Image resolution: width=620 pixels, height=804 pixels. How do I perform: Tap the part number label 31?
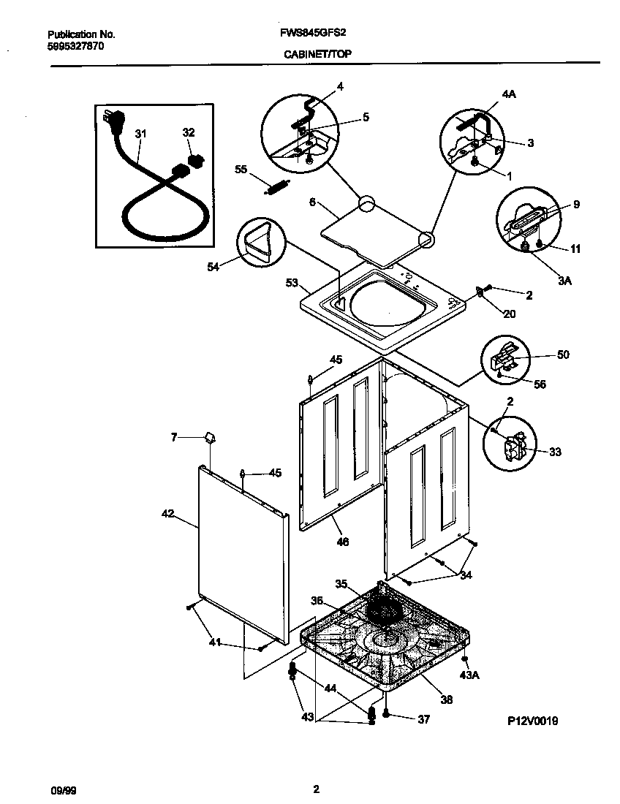(x=140, y=133)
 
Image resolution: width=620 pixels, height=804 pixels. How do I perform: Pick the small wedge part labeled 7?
(x=209, y=437)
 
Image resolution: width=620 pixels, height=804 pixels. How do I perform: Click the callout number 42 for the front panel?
(x=167, y=514)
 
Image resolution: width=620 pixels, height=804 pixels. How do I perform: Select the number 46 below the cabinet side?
(x=342, y=542)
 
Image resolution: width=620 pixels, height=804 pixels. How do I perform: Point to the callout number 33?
(x=555, y=452)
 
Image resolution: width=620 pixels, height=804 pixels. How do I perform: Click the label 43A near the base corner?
(x=469, y=675)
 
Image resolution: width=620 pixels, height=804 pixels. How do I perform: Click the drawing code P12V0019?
(x=533, y=721)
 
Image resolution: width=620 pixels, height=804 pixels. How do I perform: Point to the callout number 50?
(x=562, y=354)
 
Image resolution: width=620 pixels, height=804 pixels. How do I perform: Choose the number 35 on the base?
(x=341, y=583)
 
